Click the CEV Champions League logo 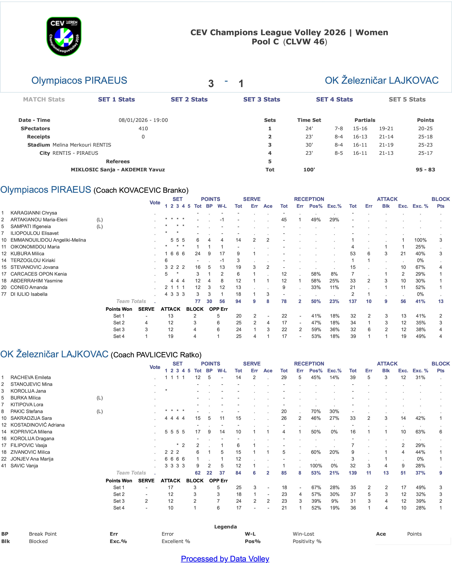[x=64, y=36]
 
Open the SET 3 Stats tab [x=262, y=99]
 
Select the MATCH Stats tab [x=44, y=99]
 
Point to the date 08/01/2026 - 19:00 [x=143, y=120]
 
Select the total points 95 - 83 [x=425, y=170]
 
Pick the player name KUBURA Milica [x=27, y=254]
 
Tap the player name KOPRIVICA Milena [x=31, y=432]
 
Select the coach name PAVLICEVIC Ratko [x=168, y=355]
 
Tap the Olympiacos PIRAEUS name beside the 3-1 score [x=79, y=80]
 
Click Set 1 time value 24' [x=309, y=128]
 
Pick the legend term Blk [x=5, y=541]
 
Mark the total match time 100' [x=309, y=170]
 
